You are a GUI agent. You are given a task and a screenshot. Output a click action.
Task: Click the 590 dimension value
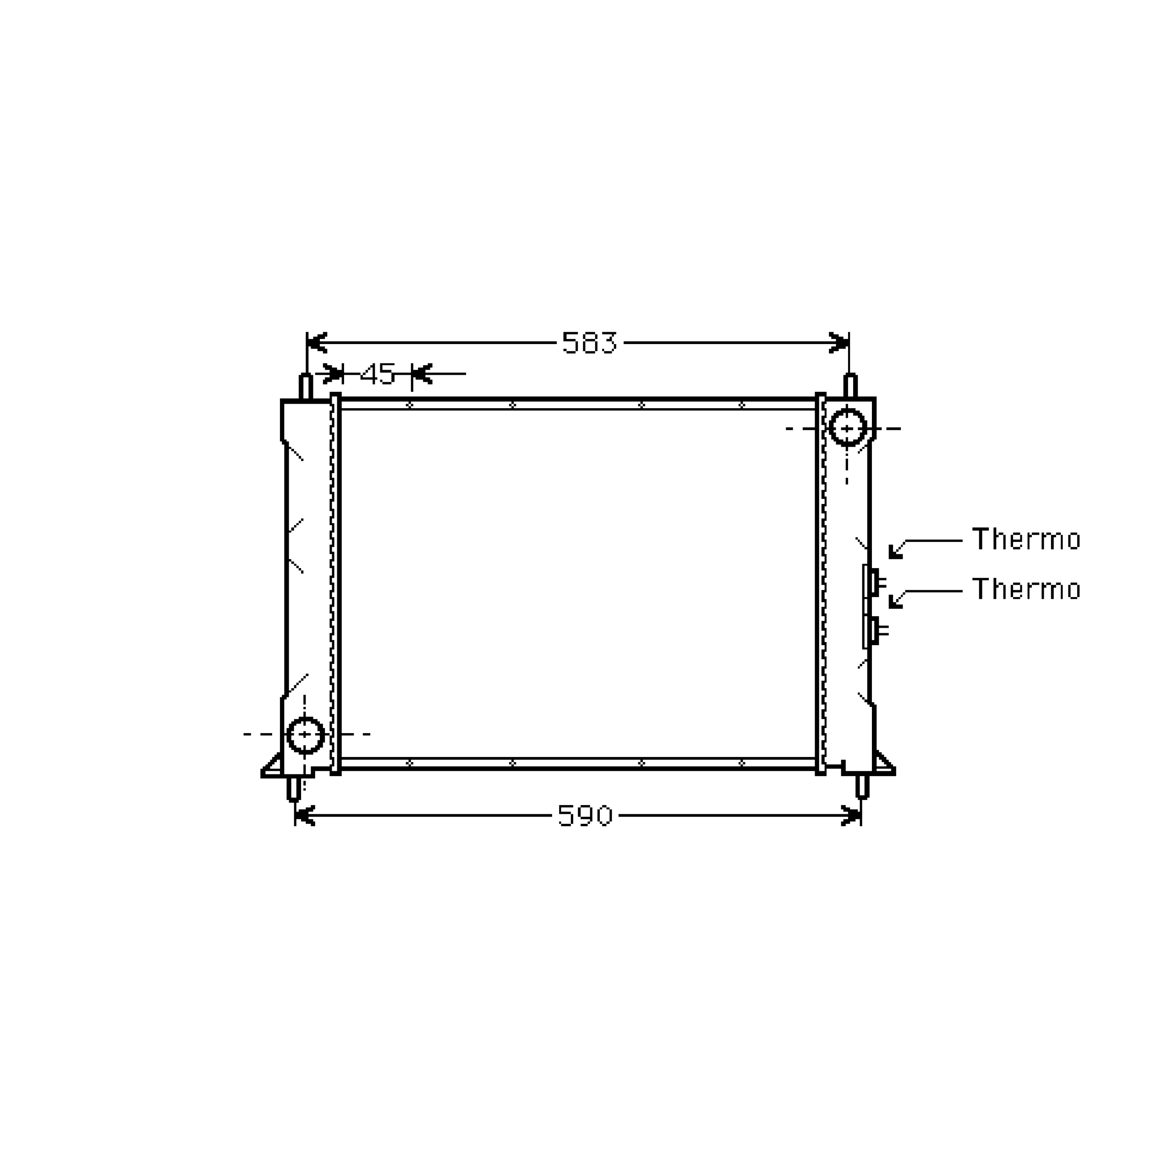coord(585,816)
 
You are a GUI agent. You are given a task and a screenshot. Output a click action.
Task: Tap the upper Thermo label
coord(1026,539)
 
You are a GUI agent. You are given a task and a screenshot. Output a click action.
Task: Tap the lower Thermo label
coord(1026,589)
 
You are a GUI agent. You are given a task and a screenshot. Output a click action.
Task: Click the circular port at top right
coord(847,428)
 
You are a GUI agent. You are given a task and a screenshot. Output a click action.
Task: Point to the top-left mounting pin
coord(306,387)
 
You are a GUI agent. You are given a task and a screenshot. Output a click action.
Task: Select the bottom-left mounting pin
coord(294,788)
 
